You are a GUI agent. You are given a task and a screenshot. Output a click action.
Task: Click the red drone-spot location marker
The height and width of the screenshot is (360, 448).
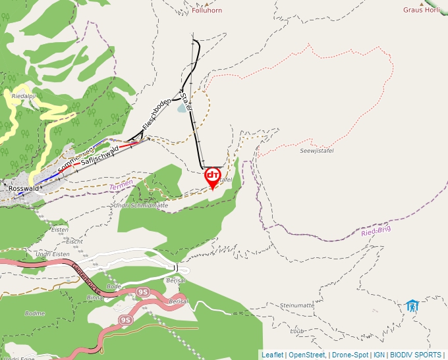pyautogui.click(x=213, y=176)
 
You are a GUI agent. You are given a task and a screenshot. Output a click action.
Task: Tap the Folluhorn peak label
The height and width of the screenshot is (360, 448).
pyautogui.click(x=207, y=11)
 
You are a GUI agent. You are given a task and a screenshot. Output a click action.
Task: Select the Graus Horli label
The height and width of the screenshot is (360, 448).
pyautogui.click(x=422, y=11)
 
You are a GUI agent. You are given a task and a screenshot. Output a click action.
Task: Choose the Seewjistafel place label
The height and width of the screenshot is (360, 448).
pyautogui.click(x=317, y=151)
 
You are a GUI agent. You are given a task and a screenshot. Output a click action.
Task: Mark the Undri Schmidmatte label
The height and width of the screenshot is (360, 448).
pyautogui.click(x=141, y=205)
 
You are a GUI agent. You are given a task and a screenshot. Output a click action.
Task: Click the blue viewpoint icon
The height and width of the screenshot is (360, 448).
pyautogui.click(x=412, y=305)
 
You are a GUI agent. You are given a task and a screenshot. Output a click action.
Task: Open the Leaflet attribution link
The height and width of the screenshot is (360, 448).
pyautogui.click(x=272, y=355)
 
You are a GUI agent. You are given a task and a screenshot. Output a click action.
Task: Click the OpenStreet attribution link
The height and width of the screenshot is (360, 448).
pyautogui.click(x=307, y=355)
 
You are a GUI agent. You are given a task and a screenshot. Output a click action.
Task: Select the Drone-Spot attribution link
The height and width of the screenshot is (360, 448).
pyautogui.click(x=350, y=355)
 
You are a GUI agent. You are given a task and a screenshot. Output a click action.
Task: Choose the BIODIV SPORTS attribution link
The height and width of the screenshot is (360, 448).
pyautogui.click(x=416, y=355)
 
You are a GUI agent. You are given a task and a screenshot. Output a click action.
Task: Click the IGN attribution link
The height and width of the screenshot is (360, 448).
pyautogui.click(x=379, y=355)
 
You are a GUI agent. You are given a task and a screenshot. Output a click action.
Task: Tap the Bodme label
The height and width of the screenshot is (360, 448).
pyautogui.click(x=34, y=313)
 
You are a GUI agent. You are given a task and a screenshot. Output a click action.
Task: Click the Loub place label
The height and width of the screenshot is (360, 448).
pyautogui.click(x=296, y=332)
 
